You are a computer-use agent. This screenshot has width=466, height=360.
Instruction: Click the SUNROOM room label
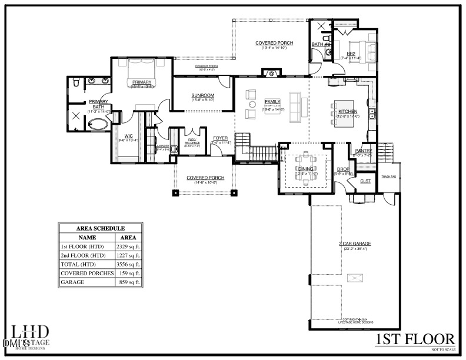[x=202, y=95]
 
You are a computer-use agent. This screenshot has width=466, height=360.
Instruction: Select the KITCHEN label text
[x=347, y=111]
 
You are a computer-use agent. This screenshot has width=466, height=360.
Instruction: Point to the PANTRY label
[x=363, y=151]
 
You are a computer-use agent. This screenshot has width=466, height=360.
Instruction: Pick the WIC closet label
[x=128, y=136]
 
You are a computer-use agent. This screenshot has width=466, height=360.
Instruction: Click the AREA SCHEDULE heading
[x=101, y=229]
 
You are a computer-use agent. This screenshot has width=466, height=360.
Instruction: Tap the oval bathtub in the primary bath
[x=97, y=125]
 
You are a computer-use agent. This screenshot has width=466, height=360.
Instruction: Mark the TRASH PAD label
[x=388, y=176]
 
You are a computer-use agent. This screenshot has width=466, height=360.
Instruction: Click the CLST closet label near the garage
[x=365, y=181]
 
